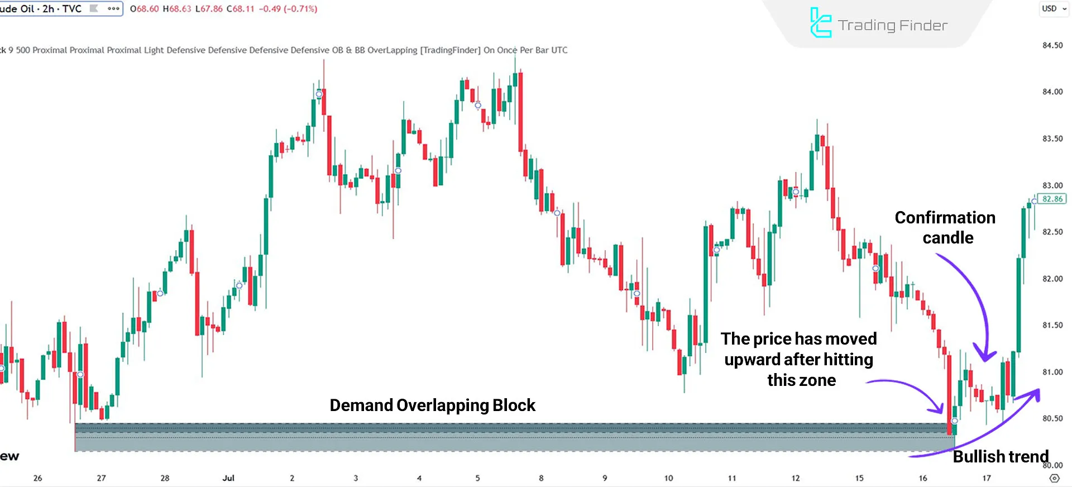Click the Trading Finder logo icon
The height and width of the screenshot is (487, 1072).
pyautogui.click(x=820, y=23)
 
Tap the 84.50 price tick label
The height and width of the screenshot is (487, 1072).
pyautogui.click(x=1052, y=45)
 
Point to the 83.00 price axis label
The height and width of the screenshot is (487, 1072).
pyautogui.click(x=1052, y=185)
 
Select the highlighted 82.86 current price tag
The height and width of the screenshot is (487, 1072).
pyautogui.click(x=1052, y=199)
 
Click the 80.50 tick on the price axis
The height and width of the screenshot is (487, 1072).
pyautogui.click(x=1052, y=418)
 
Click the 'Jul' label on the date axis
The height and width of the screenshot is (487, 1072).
pyautogui.click(x=228, y=478)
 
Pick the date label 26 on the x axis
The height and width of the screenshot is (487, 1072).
pyautogui.click(x=37, y=478)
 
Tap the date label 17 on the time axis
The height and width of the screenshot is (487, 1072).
pyautogui.click(x=987, y=478)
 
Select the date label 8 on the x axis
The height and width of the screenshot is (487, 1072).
pyautogui.click(x=541, y=478)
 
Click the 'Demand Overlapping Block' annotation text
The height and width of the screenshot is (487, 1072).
pyautogui.click(x=432, y=405)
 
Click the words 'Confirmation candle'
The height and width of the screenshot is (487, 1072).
pyautogui.click(x=945, y=227)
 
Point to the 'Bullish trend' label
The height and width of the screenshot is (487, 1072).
pyautogui.click(x=1001, y=456)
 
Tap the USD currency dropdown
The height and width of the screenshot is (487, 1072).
pyautogui.click(x=1054, y=8)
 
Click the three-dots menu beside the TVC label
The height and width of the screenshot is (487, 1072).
pyautogui.click(x=113, y=8)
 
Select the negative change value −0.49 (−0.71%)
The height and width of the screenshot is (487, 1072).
pyautogui.click(x=288, y=9)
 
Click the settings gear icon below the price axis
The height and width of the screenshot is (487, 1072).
pyautogui.click(x=1054, y=478)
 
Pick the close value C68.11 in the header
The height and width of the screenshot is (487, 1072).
pyautogui.click(x=240, y=9)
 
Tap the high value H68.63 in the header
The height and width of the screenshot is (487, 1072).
pyautogui.click(x=176, y=9)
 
